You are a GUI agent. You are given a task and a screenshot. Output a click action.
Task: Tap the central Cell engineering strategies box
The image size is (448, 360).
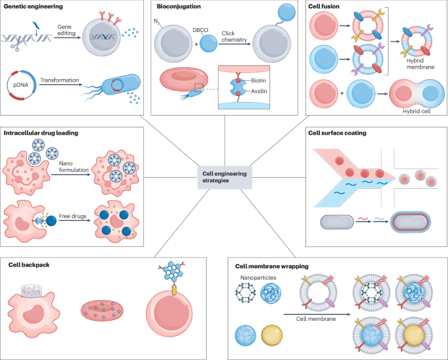[x=224, y=176]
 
